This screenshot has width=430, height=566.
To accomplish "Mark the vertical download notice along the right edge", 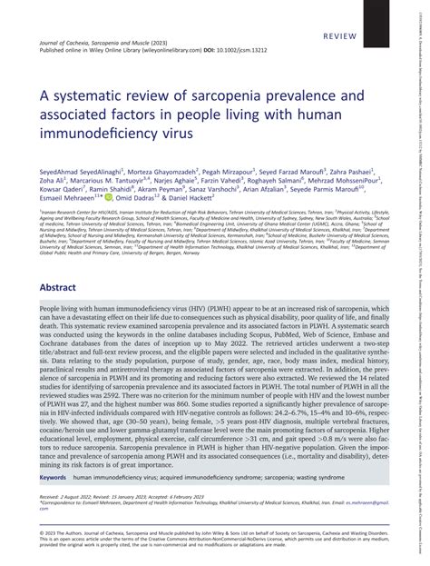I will click(x=425, y=273).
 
